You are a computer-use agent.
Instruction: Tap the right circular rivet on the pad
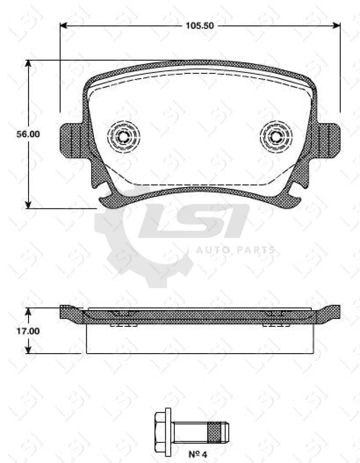coord(276,135)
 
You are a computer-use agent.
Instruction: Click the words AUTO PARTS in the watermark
coord(235,250)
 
